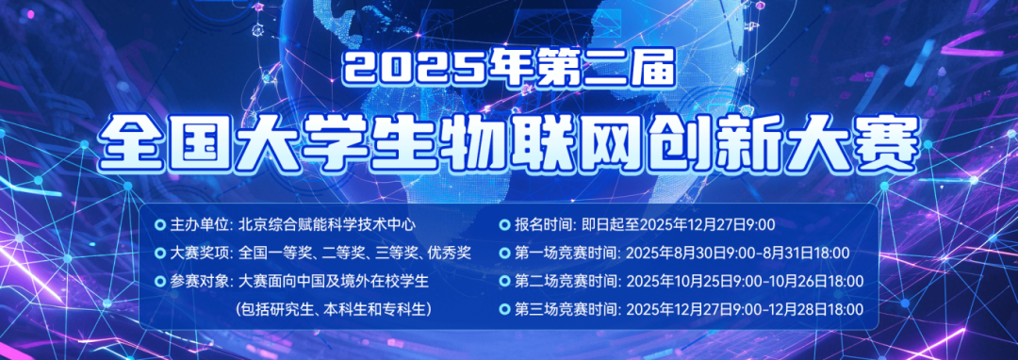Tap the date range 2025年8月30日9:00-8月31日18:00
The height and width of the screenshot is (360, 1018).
pyautogui.click(x=738, y=254)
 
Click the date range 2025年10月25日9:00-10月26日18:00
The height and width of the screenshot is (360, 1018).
pyautogui.click(x=745, y=282)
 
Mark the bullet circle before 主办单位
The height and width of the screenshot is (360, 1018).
pyautogui.click(x=159, y=225)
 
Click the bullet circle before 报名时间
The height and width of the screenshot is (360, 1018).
pyautogui.click(x=504, y=225)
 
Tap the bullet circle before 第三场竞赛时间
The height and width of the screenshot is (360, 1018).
pyautogui.click(x=504, y=309)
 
